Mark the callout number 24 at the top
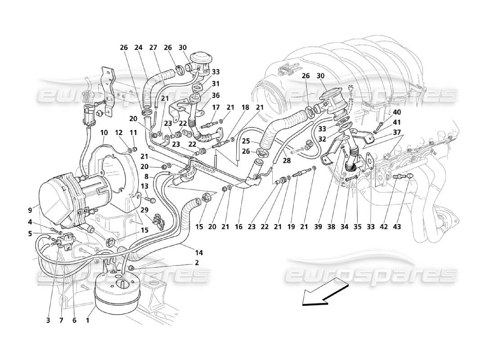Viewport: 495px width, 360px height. click(x=138, y=47)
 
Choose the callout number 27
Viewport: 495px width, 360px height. click(x=153, y=47)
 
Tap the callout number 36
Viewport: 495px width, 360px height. click(x=216, y=95)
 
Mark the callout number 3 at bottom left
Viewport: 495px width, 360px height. click(x=48, y=320)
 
